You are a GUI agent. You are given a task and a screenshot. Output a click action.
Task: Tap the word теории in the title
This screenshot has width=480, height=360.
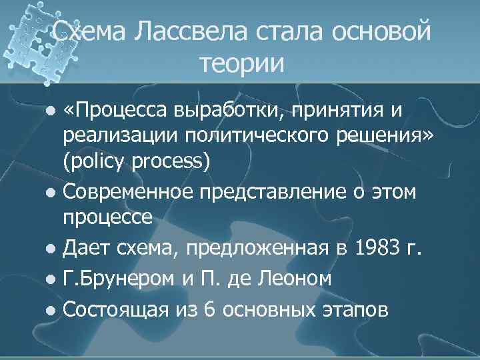pyautogui.click(x=241, y=64)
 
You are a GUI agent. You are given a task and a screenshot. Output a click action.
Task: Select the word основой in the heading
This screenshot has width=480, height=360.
pyautogui.click(x=378, y=33)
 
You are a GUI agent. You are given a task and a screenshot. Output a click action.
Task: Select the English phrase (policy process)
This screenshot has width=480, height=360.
pyautogui.click(x=137, y=164)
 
